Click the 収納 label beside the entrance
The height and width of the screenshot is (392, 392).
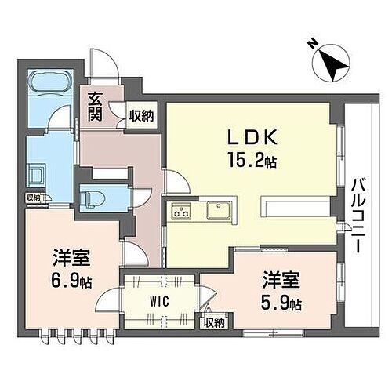pos(142,115)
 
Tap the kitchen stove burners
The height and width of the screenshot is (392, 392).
pos(183,210)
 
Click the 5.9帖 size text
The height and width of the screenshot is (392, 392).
pos(280,302)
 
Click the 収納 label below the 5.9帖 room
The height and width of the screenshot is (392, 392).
pos(213,321)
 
